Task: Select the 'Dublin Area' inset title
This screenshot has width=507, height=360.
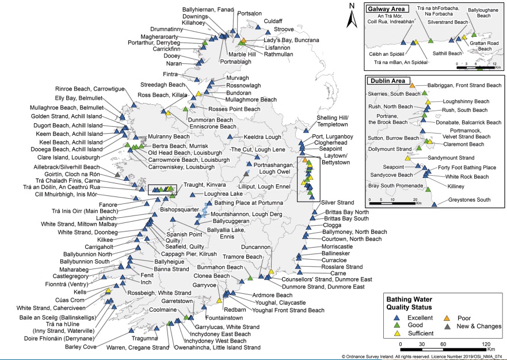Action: pyautogui.click(x=388, y=81)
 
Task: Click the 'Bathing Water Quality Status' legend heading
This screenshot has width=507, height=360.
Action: pyautogui.click(x=409, y=303)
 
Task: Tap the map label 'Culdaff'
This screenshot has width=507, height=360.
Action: pyautogui.click(x=273, y=21)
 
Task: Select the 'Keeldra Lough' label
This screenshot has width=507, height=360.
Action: pyautogui.click(x=262, y=137)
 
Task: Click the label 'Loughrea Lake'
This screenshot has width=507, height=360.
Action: pyautogui.click(x=223, y=194)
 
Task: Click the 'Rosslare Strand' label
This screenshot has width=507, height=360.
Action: pyautogui.click(x=342, y=267)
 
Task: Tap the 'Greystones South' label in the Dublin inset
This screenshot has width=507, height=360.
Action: pyautogui.click(x=469, y=200)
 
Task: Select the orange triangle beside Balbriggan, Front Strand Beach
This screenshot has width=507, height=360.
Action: pyautogui.click(x=412, y=85)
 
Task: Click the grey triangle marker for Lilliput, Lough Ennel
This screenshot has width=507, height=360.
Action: pyautogui.click(x=246, y=174)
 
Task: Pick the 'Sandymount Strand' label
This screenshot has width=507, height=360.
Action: pyautogui.click(x=451, y=158)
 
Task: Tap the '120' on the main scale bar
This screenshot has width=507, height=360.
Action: pyautogui.click(x=486, y=344)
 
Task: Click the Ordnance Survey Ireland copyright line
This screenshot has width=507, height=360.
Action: pyautogui.click(x=422, y=357)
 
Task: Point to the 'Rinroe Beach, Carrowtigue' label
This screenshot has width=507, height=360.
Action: pyautogui.click(x=90, y=89)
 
